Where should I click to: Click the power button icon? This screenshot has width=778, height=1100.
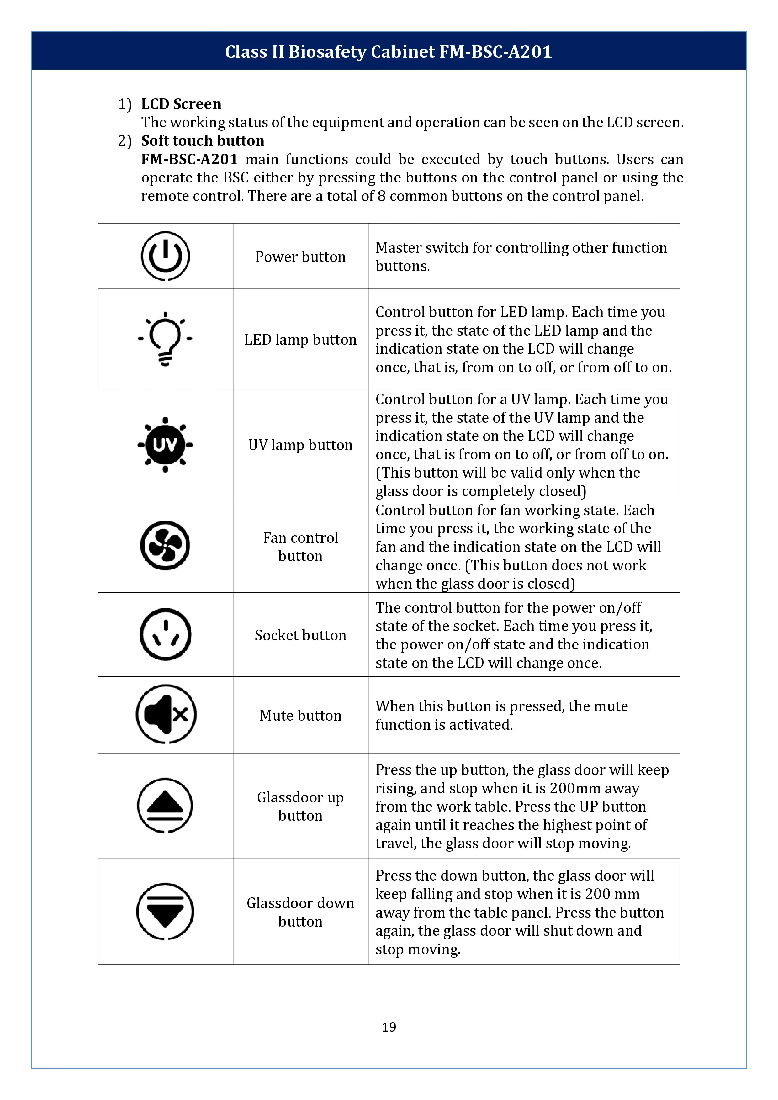pos(165,256)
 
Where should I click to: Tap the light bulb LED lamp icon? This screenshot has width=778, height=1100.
pos(165,339)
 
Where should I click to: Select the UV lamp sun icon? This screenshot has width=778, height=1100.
pos(165,445)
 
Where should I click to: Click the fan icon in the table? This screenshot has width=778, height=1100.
pos(165,545)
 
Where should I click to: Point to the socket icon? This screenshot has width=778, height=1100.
pos(165,634)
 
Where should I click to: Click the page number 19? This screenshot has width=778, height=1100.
pos(389,1027)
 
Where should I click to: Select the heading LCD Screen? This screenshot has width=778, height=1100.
pos(181,104)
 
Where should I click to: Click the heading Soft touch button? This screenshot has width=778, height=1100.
pos(203,140)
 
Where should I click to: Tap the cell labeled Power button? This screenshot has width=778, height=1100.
pos(300,257)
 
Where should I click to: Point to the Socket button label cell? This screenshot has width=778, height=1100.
pos(300,635)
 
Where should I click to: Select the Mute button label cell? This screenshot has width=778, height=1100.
pos(300,715)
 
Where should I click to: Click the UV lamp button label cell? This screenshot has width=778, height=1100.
pos(300,445)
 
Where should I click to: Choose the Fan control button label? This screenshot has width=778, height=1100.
pos(300,547)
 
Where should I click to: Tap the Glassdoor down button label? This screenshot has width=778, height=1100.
pos(300,912)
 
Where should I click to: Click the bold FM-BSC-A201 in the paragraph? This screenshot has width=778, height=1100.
pos(189,159)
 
